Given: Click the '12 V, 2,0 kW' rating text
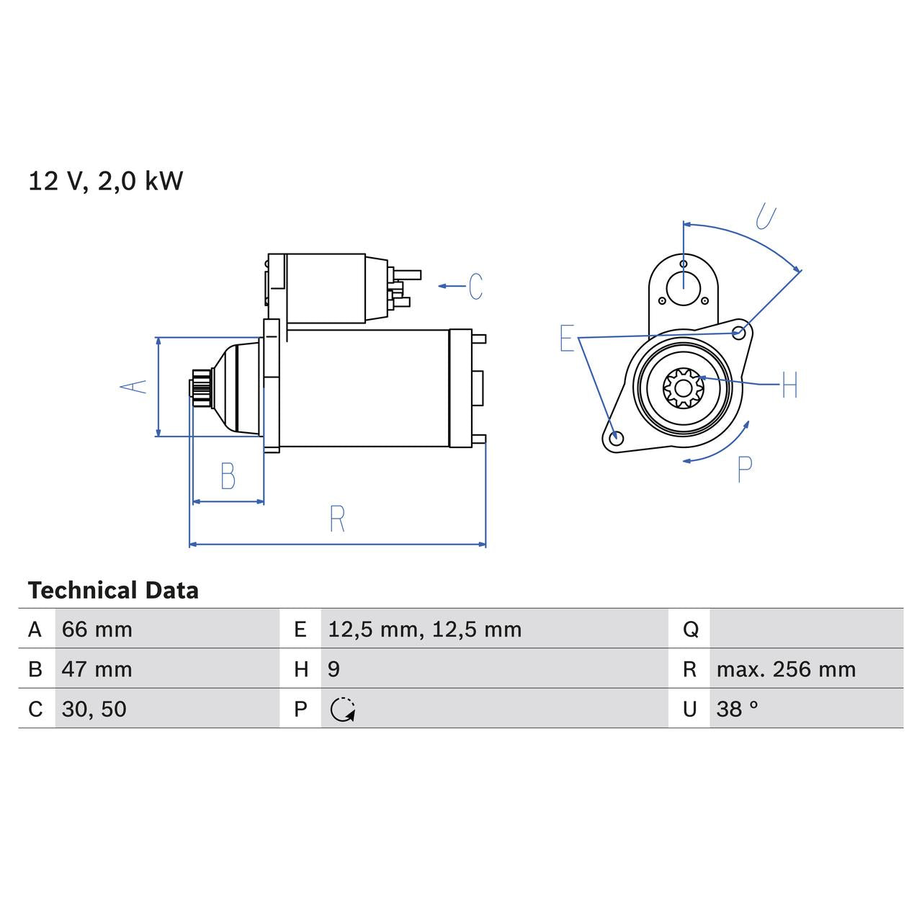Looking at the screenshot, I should [106, 181].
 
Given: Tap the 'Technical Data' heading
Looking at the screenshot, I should [113, 591].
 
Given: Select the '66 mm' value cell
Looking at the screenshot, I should [97, 630].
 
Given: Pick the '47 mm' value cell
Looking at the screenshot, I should [97, 669].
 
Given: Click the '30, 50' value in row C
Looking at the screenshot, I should [94, 709].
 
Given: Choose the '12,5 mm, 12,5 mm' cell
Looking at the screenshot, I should [424, 630].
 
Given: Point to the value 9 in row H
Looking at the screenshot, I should [334, 669].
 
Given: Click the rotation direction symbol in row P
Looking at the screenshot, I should [343, 710].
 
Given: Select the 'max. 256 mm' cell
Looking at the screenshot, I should [786, 669].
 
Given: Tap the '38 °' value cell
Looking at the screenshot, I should [737, 709].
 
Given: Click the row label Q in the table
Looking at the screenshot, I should [690, 630].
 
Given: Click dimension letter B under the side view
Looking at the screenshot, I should [228, 476].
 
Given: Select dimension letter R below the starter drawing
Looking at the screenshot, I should [337, 519].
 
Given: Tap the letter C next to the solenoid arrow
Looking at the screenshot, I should [475, 286].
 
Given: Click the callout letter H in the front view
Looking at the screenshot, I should [789, 385].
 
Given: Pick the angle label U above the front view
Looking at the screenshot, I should [766, 216].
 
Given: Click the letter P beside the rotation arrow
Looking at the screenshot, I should [745, 469].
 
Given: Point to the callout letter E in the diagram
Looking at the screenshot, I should [567, 338].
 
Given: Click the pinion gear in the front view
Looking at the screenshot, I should [683, 388].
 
